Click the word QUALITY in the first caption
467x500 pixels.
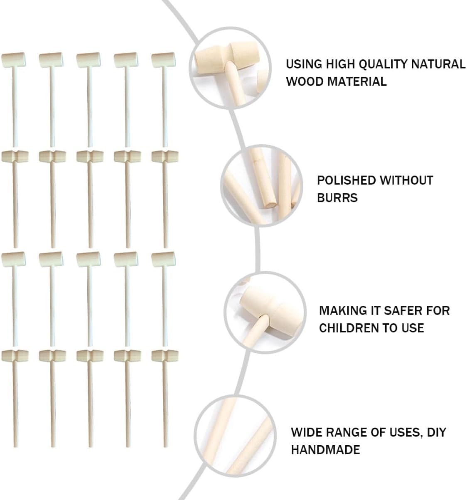pos(382,64)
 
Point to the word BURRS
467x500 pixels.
pos(337,198)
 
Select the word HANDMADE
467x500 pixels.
pos(325,449)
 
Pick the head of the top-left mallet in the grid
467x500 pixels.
pos(13,60)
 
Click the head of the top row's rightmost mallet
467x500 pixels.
pos(163,60)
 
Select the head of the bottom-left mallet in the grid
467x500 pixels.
pos(15,355)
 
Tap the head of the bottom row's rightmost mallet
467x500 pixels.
pos(165,355)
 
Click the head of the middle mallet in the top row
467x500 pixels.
pos(88,60)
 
